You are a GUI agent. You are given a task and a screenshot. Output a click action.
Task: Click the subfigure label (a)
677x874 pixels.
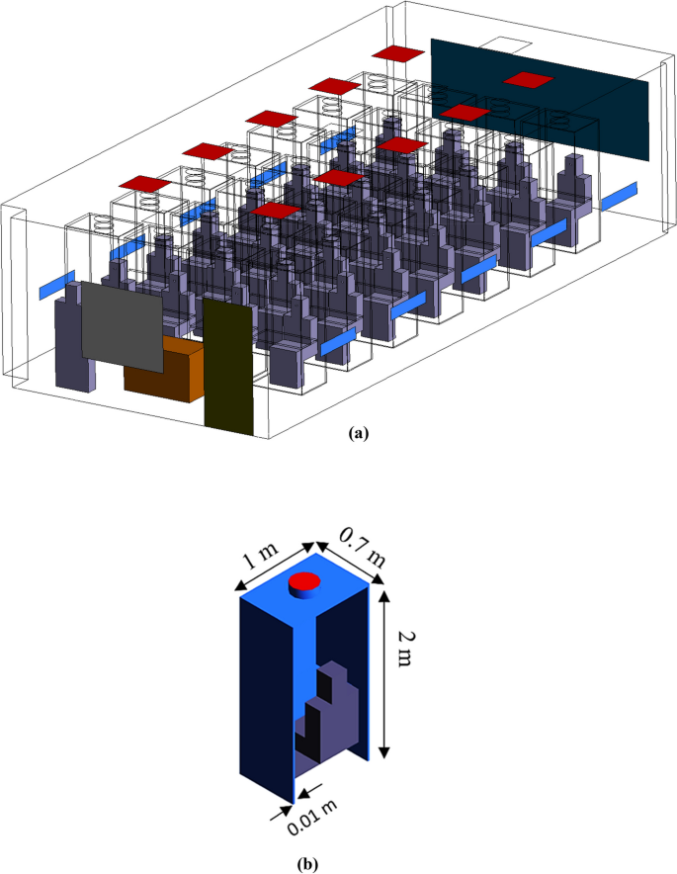click(x=358, y=432)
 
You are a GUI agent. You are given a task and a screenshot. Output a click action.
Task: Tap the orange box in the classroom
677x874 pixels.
click(x=163, y=370)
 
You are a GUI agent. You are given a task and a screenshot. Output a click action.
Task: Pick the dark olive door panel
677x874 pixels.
click(x=229, y=364)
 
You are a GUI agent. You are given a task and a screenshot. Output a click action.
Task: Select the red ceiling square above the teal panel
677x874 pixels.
click(x=526, y=79)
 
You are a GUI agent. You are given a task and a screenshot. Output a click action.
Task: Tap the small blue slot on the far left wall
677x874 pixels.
click(x=57, y=284)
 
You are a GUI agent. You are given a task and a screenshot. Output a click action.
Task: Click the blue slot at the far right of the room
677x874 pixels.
click(x=620, y=195)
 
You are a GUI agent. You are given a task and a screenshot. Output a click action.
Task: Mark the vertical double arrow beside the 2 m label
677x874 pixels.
click(x=382, y=672)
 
